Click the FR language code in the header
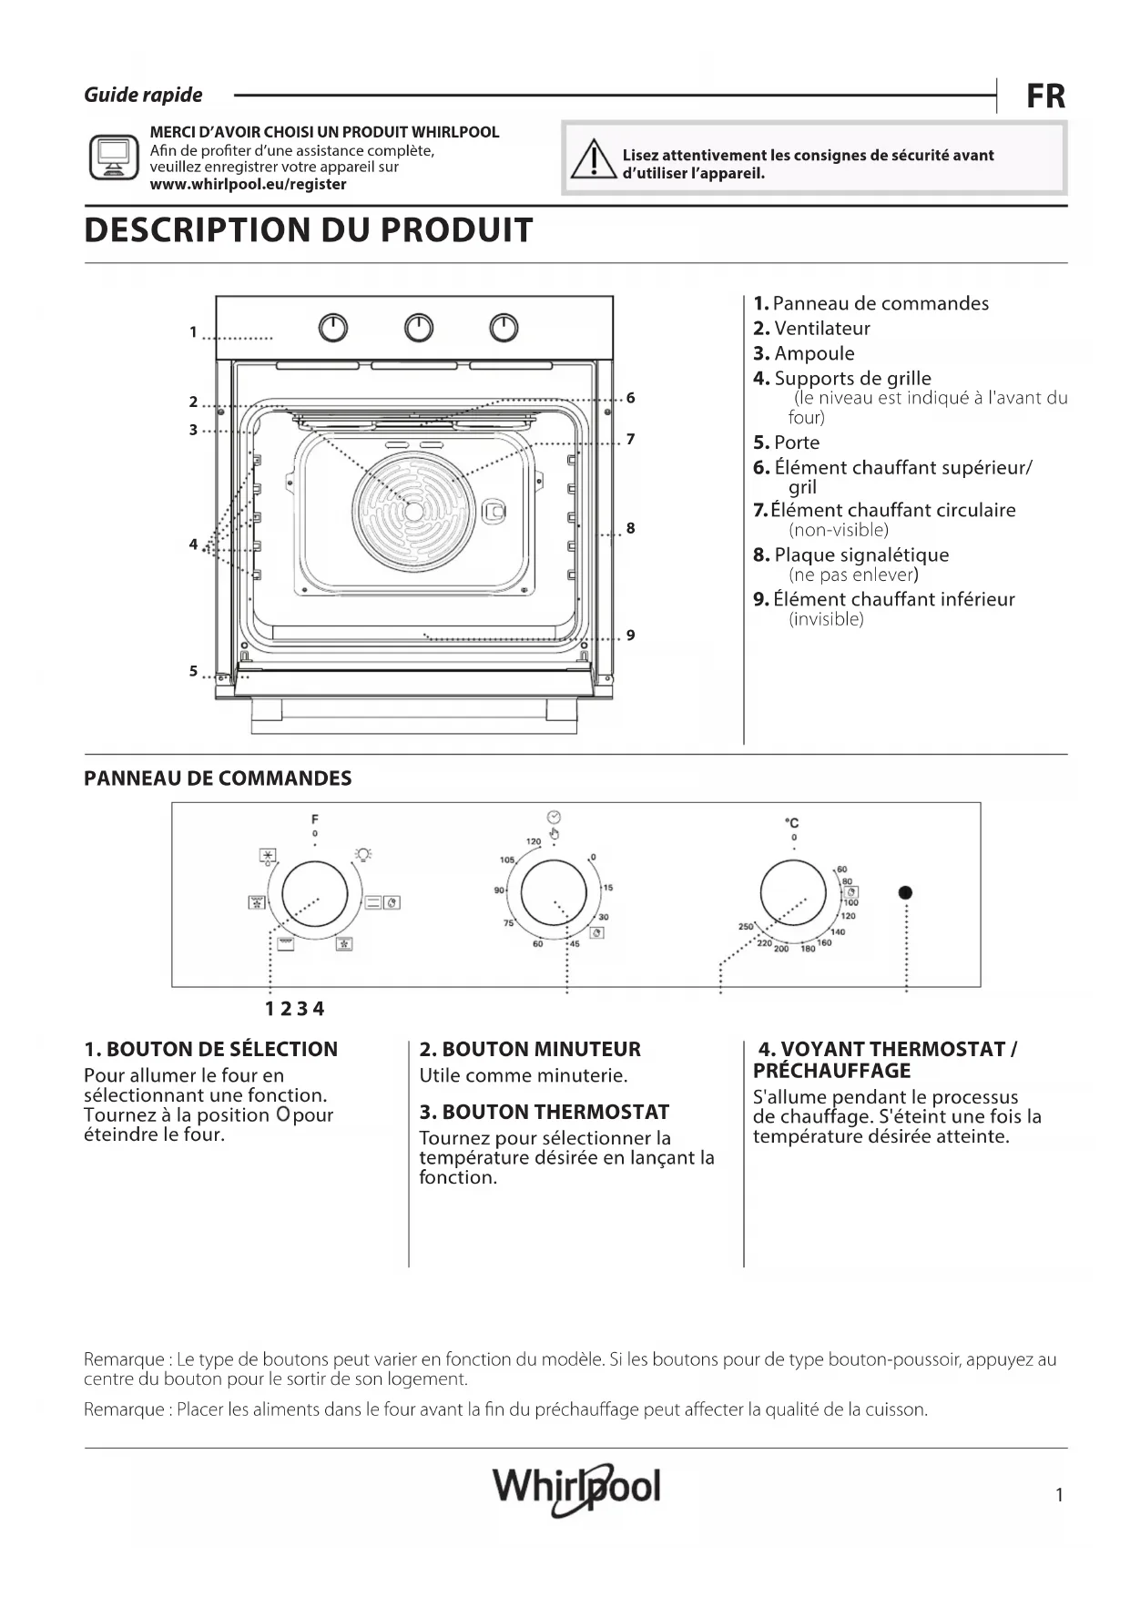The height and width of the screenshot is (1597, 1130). point(1045,96)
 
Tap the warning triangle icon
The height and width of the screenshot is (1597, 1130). point(592,160)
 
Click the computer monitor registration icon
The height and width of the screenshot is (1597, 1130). point(113,158)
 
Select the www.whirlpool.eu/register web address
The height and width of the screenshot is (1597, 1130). point(248,184)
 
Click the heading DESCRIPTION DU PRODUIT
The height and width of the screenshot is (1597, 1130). point(308,230)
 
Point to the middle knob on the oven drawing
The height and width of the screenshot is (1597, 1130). point(419,328)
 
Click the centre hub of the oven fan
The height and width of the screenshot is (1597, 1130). point(414,511)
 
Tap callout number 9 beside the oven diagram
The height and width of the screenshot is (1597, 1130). point(630,635)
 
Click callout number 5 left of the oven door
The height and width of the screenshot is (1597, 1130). point(193,671)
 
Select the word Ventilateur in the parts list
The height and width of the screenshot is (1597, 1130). point(821,329)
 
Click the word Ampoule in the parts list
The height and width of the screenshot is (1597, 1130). point(814,353)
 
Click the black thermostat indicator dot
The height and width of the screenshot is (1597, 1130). point(905,892)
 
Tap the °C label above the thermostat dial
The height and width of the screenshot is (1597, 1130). point(791,823)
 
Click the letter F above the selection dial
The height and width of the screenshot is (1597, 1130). point(315,819)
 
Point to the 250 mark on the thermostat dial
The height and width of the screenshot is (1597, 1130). point(746,927)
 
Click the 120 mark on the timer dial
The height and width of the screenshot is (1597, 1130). point(534,841)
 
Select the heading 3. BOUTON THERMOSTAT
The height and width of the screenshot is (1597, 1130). point(544,1112)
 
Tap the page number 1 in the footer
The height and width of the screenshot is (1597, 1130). point(1059,1494)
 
